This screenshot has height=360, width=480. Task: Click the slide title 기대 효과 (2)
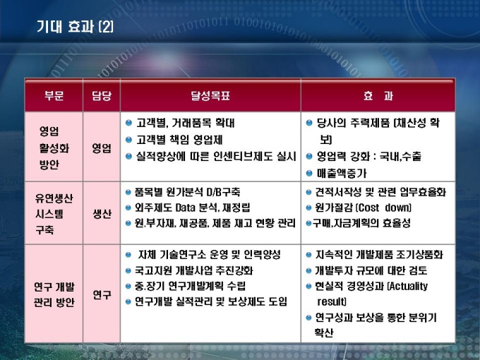(75, 27)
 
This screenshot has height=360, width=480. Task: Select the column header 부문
(54, 95)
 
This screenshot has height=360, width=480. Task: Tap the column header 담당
(102, 95)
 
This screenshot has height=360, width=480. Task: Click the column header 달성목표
(210, 95)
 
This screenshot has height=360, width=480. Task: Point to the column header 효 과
(378, 96)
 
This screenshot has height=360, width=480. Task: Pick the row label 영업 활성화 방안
(54, 148)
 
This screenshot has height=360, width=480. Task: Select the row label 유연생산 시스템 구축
(54, 214)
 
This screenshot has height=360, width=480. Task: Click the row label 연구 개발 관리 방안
(54, 294)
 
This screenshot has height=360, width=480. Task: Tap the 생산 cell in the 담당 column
(102, 214)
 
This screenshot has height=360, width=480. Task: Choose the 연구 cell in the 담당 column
(102, 294)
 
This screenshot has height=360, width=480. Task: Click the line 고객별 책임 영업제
(179, 140)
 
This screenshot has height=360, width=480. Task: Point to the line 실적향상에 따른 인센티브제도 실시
(216, 157)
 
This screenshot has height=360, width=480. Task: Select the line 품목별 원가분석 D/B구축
(187, 192)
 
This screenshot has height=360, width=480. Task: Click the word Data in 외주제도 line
(186, 208)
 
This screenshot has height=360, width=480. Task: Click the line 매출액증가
(342, 174)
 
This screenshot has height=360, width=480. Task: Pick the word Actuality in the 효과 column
(409, 286)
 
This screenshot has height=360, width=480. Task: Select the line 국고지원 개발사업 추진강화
(194, 270)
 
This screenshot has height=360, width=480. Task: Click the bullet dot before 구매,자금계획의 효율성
(309, 223)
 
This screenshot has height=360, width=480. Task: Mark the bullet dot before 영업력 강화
(309, 157)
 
